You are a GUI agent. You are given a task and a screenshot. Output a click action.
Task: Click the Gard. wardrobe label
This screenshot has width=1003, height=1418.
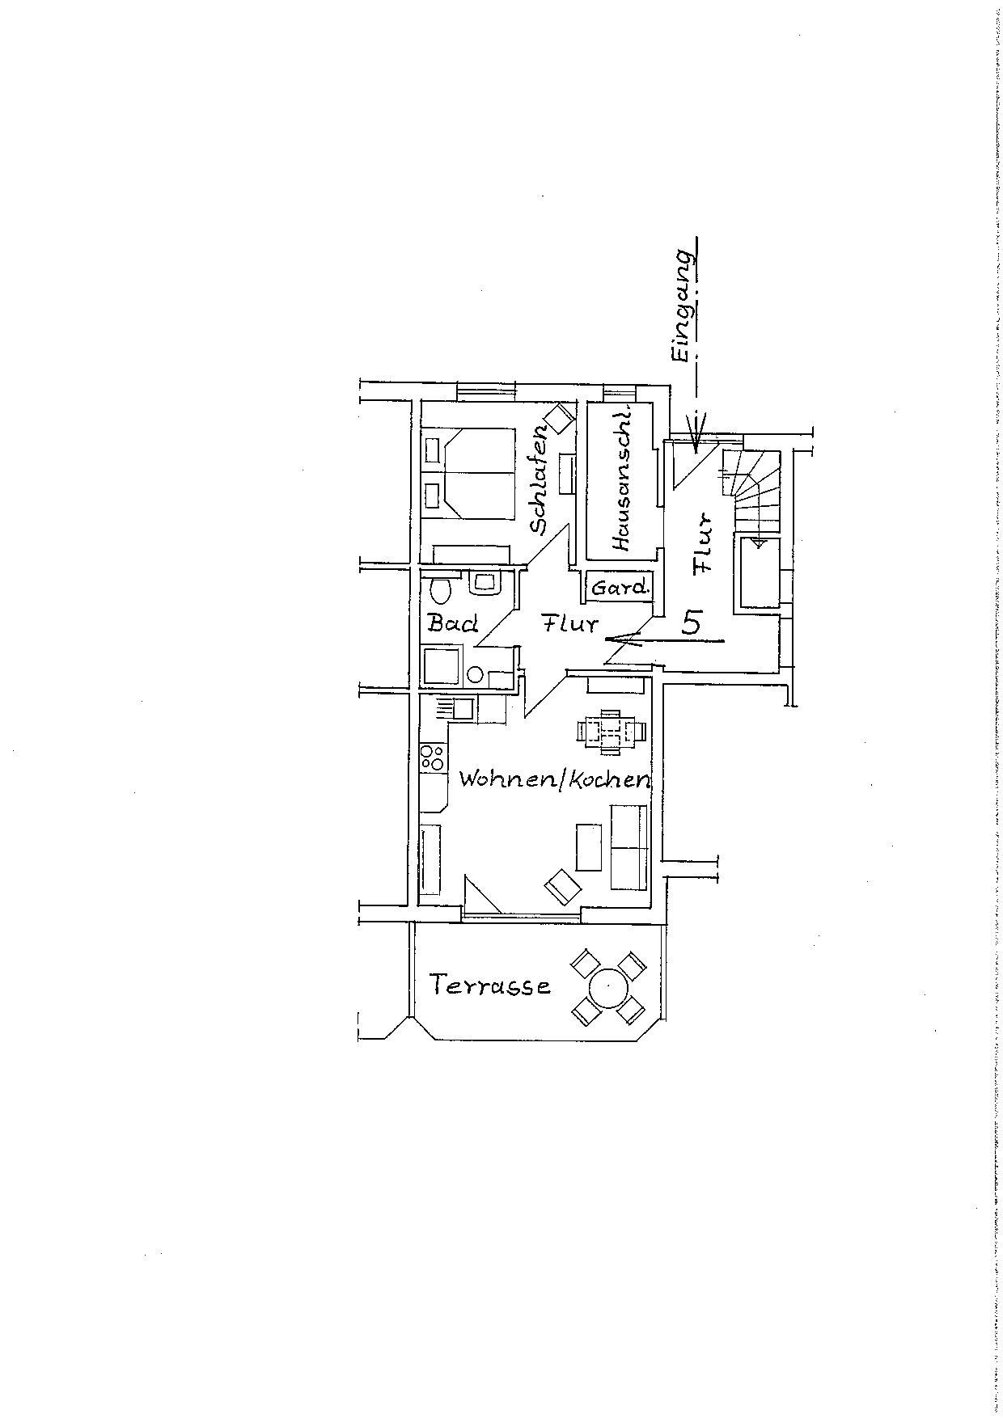click(x=620, y=588)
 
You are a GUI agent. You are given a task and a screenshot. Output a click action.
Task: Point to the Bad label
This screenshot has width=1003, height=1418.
click(x=453, y=623)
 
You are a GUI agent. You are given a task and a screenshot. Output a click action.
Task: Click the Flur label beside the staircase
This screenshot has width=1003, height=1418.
click(x=704, y=543)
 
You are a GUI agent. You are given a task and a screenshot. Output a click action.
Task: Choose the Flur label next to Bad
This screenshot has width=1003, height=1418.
click(x=570, y=623)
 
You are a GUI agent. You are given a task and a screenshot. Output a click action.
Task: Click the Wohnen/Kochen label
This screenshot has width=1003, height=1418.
click(x=555, y=779)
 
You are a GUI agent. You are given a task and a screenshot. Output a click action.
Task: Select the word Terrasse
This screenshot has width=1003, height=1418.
click(x=490, y=985)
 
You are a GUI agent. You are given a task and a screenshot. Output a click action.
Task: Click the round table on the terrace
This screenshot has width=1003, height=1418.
click(x=608, y=987)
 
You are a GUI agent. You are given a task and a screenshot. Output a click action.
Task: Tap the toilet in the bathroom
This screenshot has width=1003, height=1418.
click(x=441, y=589)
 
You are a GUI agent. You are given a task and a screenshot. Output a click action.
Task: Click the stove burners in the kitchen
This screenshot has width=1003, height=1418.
click(x=431, y=758)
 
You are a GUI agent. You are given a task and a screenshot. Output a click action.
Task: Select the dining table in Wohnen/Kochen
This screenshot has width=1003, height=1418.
click(x=612, y=731)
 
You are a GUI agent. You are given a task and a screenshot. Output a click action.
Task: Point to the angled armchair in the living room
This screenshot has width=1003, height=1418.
click(x=563, y=885)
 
